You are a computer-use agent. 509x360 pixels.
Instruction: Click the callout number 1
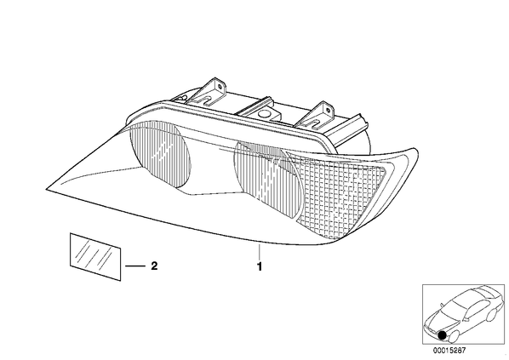(x=260, y=267)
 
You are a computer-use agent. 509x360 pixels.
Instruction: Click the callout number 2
(x=154, y=266)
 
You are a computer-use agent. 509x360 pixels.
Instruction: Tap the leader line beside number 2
(x=135, y=266)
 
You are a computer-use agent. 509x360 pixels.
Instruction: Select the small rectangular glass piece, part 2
(x=95, y=256)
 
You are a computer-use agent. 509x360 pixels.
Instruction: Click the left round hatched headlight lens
(x=160, y=157)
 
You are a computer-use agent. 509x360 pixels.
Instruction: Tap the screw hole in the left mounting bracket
(x=220, y=87)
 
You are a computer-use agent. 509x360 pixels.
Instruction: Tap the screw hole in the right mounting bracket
(x=329, y=111)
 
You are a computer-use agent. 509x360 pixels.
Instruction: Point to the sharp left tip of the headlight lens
(x=46, y=189)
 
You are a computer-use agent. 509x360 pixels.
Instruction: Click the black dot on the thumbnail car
(x=442, y=335)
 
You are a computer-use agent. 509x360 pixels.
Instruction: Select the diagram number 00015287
(x=449, y=351)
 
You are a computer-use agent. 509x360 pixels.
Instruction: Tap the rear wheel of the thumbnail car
(x=492, y=314)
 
